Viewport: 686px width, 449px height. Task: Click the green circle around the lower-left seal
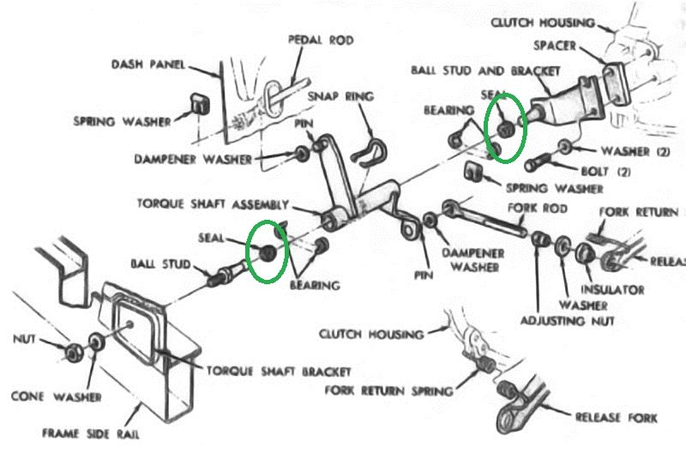point(265,251)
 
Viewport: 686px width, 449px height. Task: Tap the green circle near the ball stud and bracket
point(504,128)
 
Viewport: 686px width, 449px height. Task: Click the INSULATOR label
point(614,290)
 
